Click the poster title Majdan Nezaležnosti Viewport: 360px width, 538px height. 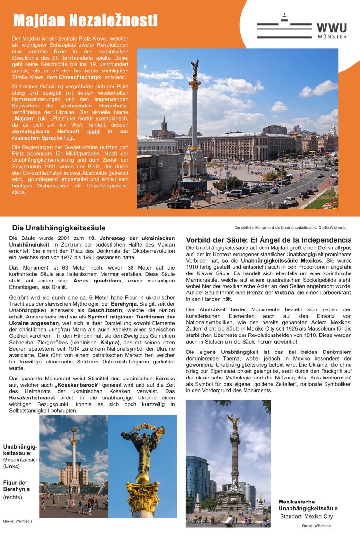[85, 20]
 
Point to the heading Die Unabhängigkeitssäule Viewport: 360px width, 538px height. [59, 228]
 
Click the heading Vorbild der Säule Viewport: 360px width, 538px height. [269, 240]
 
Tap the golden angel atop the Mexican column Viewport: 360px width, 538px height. [234, 420]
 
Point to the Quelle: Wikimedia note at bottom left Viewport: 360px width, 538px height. [18, 521]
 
